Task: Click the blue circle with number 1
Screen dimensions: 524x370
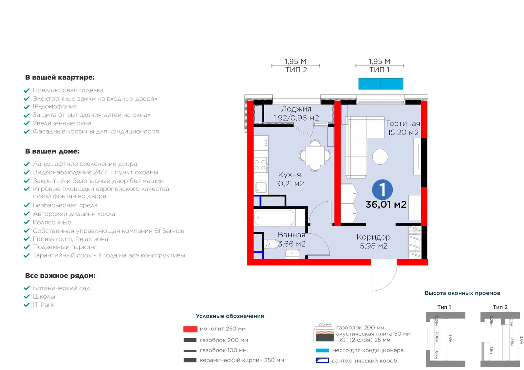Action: pos(382,190)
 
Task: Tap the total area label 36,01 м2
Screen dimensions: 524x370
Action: pos(386,204)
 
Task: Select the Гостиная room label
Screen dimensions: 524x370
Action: pos(403,123)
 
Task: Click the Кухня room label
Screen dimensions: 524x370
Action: pos(290,175)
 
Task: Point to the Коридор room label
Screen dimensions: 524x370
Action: pos(374,237)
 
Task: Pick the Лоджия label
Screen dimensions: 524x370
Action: pos(296,109)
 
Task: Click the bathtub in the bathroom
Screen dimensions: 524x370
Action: pos(274,217)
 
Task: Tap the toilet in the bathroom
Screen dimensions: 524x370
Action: pos(271,244)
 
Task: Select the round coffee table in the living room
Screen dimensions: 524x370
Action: pos(380,157)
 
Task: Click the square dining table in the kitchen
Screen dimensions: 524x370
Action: pos(315,155)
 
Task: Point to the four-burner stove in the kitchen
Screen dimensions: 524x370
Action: pos(261,165)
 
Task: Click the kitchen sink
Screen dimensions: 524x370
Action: pos(261,187)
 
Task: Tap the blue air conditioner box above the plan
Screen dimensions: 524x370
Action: pos(381,84)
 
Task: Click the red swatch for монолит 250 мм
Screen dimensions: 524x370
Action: pos(190,329)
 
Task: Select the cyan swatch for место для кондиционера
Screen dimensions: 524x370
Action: pos(322,350)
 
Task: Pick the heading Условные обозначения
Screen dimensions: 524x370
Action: pos(230,316)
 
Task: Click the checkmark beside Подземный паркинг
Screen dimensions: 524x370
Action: pos(27,247)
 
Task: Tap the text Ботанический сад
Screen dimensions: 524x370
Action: pos(62,288)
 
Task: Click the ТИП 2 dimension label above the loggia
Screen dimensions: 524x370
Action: pos(296,70)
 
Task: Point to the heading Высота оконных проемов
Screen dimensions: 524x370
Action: pos(462,293)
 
